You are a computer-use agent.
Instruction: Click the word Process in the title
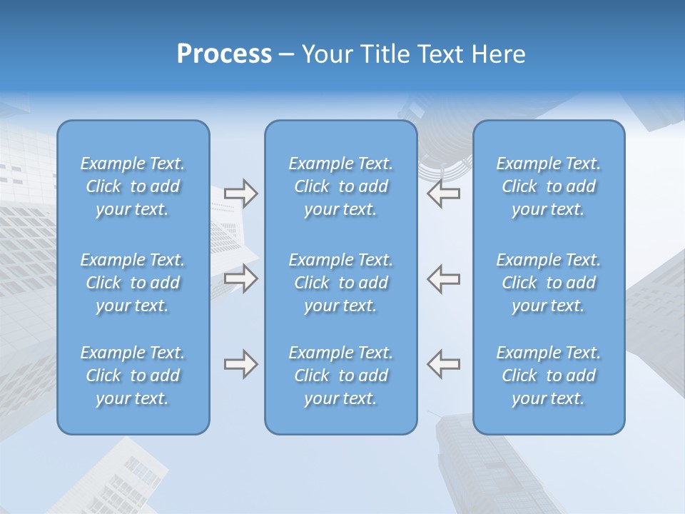click(224, 54)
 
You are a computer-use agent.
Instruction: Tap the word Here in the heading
click(499, 54)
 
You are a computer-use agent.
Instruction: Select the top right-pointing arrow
click(241, 193)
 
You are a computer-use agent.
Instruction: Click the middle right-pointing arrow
click(241, 278)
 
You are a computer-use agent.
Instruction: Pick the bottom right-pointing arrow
click(241, 364)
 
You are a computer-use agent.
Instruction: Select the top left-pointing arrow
click(443, 193)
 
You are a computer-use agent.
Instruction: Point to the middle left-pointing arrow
click(443, 278)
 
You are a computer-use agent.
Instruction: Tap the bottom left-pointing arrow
click(443, 364)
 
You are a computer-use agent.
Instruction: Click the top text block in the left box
click(133, 186)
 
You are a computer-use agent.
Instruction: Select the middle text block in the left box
click(133, 283)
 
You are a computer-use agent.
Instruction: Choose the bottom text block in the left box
click(133, 376)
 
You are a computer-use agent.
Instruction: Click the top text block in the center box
click(341, 186)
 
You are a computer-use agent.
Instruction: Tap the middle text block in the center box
click(341, 283)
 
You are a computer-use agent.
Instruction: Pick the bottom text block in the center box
click(341, 376)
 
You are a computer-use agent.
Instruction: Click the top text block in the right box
click(549, 186)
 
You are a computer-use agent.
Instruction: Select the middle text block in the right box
click(549, 283)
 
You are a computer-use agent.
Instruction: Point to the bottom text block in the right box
click(549, 376)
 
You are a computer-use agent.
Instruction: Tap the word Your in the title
click(325, 54)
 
